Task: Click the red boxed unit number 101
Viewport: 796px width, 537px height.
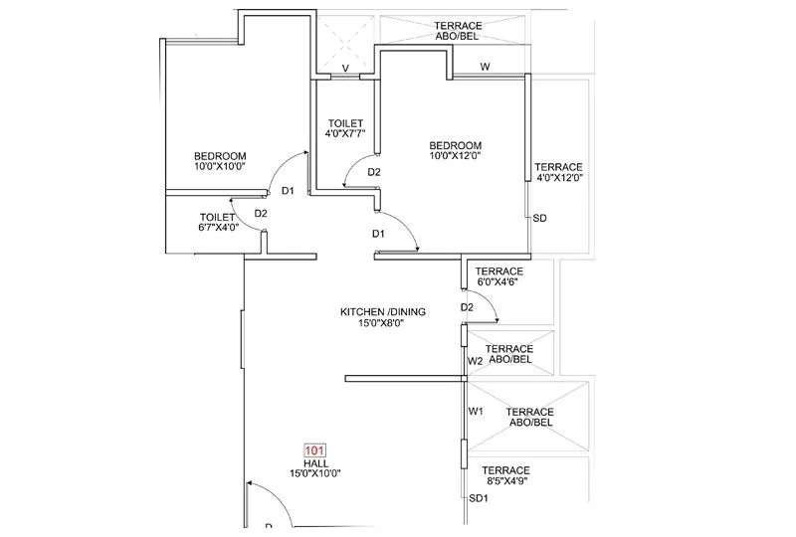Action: (314, 450)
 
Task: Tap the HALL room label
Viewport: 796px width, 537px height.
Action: (314, 462)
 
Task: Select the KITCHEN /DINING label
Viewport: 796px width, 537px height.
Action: (383, 311)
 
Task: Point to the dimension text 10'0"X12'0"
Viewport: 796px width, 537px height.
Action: (455, 156)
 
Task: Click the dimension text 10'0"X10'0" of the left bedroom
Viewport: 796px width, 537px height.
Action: (220, 167)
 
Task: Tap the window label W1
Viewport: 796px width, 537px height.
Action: (476, 411)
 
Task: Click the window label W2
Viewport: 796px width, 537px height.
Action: (476, 360)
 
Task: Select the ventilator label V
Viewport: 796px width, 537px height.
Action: (345, 69)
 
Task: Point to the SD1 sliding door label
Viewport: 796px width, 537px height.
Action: (479, 497)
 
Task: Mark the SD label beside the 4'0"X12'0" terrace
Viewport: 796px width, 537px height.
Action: (538, 218)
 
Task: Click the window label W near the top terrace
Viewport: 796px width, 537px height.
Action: (485, 67)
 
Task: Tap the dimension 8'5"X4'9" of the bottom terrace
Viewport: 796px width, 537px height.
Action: (505, 482)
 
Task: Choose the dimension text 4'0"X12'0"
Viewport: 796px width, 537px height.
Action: (558, 179)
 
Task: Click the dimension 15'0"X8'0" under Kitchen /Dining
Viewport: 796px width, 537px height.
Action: (383, 323)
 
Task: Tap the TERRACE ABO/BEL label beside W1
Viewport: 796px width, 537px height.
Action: (529, 418)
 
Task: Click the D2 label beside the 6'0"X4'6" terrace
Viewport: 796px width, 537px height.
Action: (467, 307)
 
